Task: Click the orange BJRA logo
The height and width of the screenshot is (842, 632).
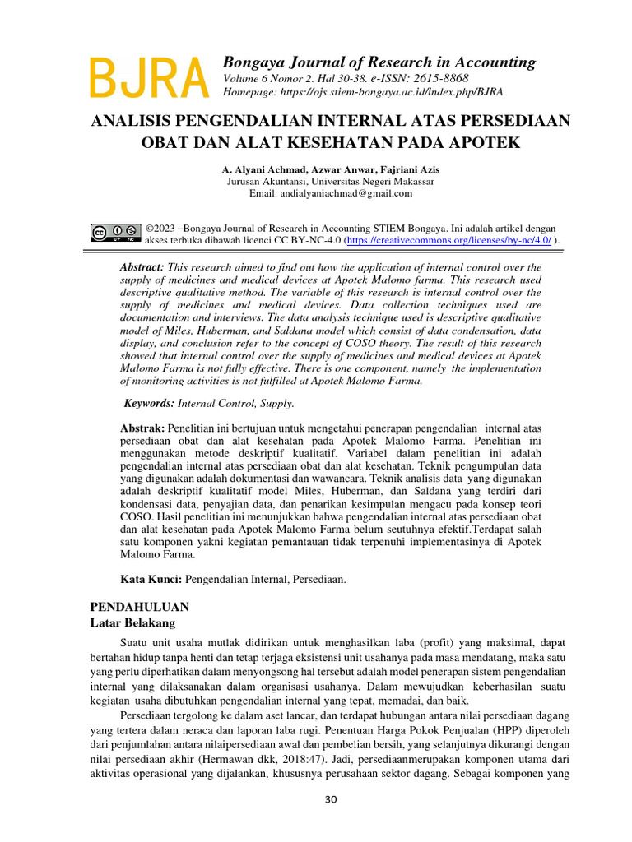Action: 148,79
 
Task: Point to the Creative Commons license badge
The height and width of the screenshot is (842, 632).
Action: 114,234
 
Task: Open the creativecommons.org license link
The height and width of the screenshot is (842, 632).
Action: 448,240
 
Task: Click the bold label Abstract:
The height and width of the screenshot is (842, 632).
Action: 142,268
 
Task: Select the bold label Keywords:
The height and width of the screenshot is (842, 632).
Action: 149,404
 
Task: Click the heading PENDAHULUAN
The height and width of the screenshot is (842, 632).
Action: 139,607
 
